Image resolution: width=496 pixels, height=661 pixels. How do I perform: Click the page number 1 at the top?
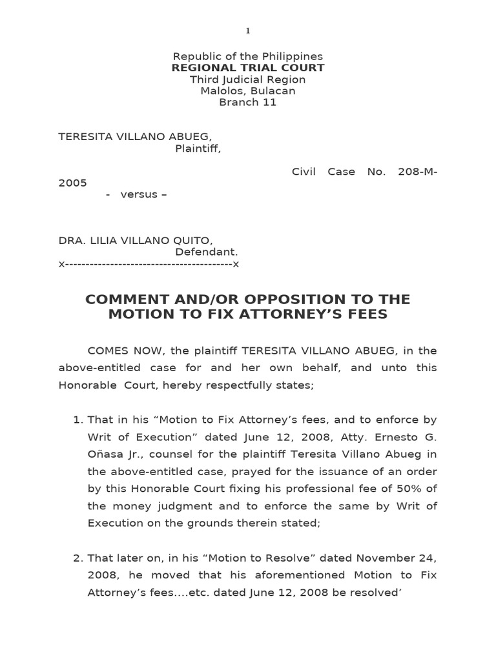247,30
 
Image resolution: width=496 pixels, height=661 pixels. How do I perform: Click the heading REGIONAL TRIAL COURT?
247,68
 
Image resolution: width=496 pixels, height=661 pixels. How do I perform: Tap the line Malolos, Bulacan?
247,91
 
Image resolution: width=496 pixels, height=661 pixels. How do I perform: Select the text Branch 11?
247,103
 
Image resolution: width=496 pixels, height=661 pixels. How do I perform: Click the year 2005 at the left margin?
72,183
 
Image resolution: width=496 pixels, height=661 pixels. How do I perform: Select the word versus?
139,194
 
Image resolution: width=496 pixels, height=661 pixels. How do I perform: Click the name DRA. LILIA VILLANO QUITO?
135,240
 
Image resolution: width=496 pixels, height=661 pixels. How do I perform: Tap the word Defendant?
207,252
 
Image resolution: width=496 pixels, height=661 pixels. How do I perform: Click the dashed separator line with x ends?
149,264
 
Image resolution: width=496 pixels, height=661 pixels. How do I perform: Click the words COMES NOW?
119,351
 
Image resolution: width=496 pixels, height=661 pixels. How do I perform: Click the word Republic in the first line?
196,56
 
